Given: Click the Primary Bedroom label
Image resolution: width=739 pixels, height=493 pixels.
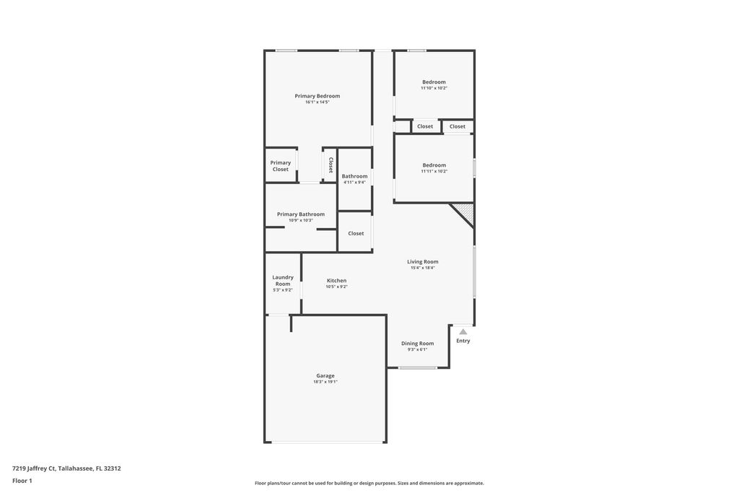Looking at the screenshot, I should tap(317, 96).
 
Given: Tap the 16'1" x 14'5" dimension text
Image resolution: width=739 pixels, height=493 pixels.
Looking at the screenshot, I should tap(317, 102).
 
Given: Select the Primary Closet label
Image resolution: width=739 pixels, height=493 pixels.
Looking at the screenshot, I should tap(281, 166).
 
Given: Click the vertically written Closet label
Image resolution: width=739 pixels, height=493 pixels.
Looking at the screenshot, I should tap(331, 165).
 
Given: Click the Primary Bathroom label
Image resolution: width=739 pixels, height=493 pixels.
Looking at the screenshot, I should tap(301, 214).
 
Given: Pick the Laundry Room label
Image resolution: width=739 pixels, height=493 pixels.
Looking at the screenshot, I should tap(283, 280).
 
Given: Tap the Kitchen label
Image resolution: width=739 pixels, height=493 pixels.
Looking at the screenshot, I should tap(336, 281).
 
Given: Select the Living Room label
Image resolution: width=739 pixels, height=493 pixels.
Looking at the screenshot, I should tap(422, 262).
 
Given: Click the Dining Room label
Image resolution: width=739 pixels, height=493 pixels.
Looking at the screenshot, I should tap(417, 344).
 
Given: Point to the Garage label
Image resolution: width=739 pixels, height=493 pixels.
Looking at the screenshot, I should tap(325, 375).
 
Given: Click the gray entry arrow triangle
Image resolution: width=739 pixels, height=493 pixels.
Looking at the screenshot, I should tap(463, 331).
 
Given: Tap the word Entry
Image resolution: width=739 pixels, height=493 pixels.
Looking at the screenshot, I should tap(463, 341).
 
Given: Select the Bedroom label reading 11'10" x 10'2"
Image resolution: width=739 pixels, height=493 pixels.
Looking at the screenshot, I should tap(434, 82).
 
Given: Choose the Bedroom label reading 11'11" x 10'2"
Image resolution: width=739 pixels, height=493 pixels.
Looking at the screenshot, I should tap(434, 165).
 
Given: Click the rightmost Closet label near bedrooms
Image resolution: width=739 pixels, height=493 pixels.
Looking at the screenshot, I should tap(458, 126).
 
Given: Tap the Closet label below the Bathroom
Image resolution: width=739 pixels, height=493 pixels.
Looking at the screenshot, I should tap(356, 233).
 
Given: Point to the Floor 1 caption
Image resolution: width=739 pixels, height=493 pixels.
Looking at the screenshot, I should tap(22, 481).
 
